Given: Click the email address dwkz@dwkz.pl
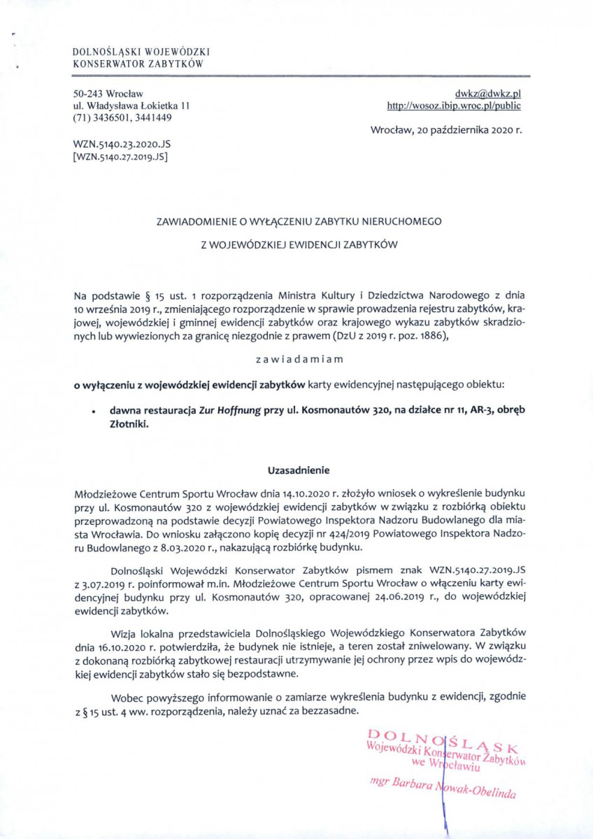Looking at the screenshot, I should [x=488, y=93].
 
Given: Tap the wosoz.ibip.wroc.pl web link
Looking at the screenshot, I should [x=454, y=106].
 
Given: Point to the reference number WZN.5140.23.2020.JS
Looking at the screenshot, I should [x=122, y=143].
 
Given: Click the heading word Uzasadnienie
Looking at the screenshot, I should [x=299, y=470].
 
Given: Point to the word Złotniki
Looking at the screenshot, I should [x=128, y=423].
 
